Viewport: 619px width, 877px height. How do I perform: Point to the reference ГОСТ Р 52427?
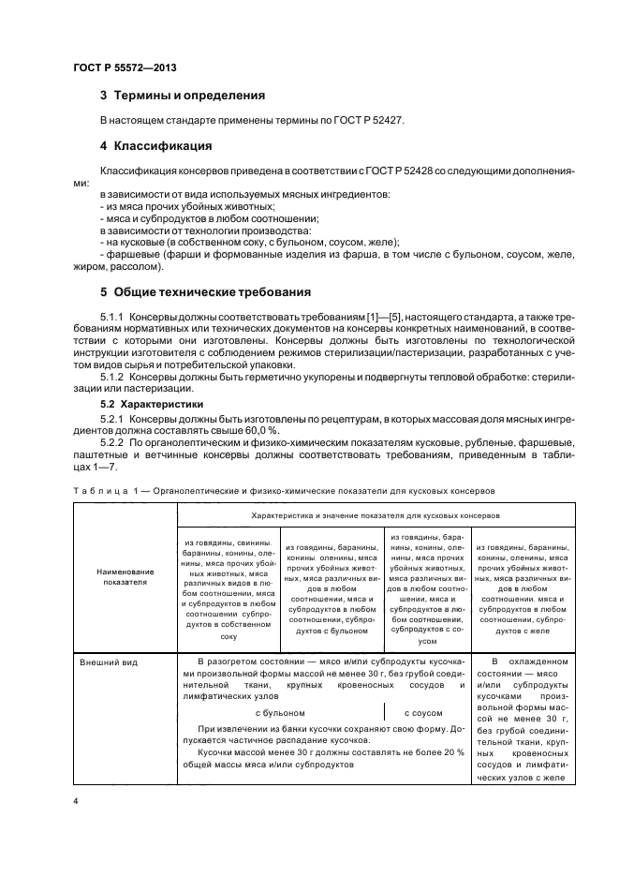[x=367, y=121]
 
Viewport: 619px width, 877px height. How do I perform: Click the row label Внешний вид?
[x=109, y=662]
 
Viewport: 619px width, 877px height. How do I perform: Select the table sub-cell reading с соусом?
[x=426, y=712]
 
